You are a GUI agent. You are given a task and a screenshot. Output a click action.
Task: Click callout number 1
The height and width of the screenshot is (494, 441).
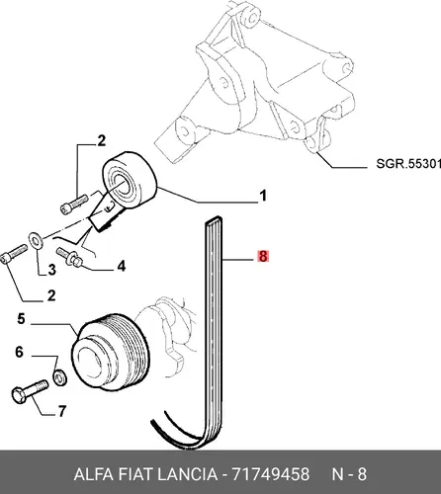263,196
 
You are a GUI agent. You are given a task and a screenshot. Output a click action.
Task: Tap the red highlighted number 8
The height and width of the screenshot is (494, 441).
263,256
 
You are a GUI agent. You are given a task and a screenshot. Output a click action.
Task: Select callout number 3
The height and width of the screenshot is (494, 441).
52,270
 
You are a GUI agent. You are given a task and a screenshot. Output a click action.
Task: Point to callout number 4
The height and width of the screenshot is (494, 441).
122,266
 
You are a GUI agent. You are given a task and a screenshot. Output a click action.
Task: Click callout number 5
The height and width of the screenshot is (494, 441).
21,319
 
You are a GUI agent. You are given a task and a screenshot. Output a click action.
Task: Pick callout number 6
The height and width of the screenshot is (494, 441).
20,352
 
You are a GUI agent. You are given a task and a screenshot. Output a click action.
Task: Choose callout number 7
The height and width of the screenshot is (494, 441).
62,411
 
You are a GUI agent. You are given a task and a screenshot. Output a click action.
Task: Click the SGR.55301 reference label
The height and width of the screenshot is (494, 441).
408,164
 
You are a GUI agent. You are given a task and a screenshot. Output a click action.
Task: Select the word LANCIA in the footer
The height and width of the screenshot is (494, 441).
187,474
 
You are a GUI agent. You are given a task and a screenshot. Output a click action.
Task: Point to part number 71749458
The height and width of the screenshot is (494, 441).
271,474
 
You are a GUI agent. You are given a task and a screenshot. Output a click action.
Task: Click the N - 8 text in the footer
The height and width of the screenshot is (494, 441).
349,474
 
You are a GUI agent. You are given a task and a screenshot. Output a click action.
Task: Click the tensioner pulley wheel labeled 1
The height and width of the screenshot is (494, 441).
130,180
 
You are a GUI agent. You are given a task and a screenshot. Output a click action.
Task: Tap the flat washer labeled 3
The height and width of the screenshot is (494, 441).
36,241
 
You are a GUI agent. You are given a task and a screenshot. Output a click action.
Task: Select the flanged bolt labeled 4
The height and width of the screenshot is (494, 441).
69,257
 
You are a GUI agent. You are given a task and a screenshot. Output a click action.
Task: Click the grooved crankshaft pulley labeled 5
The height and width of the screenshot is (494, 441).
111,352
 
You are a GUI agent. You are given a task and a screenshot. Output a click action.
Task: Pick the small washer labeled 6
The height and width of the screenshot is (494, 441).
60,377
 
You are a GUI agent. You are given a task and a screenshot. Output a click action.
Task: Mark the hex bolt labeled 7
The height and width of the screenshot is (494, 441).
30,391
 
